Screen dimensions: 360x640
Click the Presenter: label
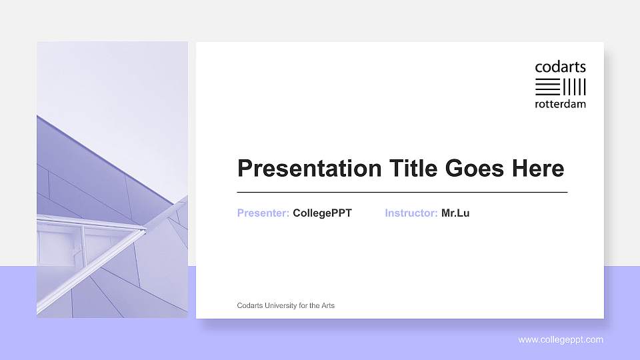pyautogui.click(x=263, y=213)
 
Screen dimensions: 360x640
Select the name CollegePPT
pyautogui.click(x=322, y=213)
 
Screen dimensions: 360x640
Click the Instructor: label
pyautogui.click(x=411, y=213)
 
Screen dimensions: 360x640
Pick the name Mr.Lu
pyautogui.click(x=455, y=213)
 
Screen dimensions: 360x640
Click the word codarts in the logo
pyautogui.click(x=560, y=67)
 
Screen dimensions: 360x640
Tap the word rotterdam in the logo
pyautogui.click(x=560, y=104)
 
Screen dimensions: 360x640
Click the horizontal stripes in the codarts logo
pyautogui.click(x=548, y=86)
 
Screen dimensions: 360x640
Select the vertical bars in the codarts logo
pyautogui.click(x=575, y=86)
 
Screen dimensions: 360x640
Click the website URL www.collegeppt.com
pyautogui.click(x=561, y=340)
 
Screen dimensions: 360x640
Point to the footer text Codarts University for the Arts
pyautogui.click(x=286, y=305)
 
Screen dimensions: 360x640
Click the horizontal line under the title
pyautogui.click(x=402, y=192)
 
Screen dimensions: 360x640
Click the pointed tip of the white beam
pyautogui.click(x=144, y=230)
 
